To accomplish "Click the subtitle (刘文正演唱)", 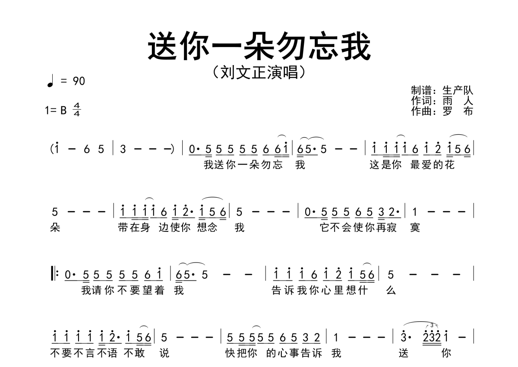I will click(259, 72).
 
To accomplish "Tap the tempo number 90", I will click(79, 81).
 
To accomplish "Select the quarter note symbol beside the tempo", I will click(50, 80).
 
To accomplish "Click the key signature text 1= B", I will click(56, 110).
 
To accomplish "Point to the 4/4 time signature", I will click(77, 110).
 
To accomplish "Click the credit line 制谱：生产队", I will click(442, 91).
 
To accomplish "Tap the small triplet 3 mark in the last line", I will click(432, 325).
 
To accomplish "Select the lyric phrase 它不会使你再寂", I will click(358, 227).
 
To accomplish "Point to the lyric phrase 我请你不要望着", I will click(123, 291).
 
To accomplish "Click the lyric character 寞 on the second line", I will click(415, 227).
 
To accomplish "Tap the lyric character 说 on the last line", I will click(164, 353).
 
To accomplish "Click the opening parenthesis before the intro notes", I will click(51, 149).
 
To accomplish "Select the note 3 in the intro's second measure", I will click(123, 149).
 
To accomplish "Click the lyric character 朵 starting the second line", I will click(55, 227).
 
